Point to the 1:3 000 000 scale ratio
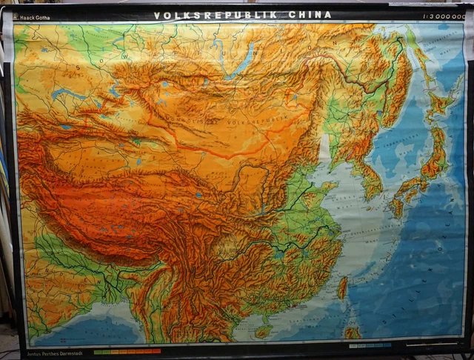pos(443,14)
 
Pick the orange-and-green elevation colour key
pos(127,351)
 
